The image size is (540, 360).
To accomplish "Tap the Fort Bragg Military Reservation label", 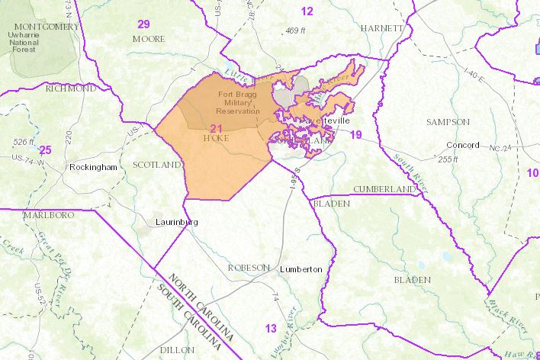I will coord(239,103).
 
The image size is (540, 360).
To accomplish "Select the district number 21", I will coord(217,128).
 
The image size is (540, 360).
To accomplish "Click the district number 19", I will coord(355,135).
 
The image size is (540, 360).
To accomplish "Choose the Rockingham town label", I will coord(92,166).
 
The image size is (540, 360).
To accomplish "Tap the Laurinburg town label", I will coord(176,222).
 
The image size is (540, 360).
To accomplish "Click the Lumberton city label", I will coord(301,269).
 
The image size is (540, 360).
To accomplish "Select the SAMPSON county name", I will coord(445,121).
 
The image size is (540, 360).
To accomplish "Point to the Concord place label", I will coord(462,145).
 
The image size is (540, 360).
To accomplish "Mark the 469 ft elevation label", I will coord(294,31).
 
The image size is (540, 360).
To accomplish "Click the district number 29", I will coord(143,24).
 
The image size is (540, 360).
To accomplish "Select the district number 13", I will coord(271,329).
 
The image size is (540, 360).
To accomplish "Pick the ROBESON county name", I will coord(249,268).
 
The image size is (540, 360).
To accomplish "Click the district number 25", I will coord(45,149).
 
